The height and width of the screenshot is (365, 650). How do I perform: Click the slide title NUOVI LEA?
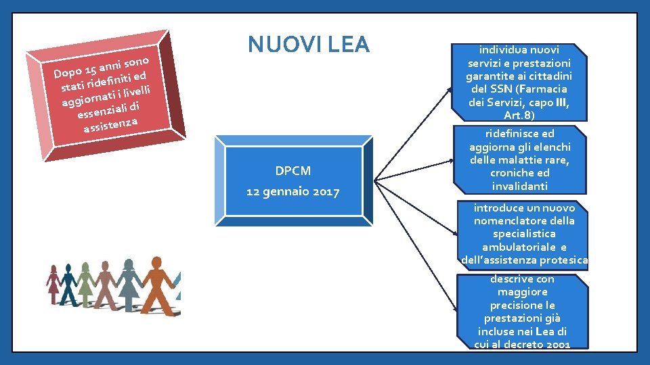click(309, 45)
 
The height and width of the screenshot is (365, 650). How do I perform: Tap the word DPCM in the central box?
click(292, 170)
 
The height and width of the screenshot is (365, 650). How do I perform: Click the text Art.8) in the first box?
click(520, 116)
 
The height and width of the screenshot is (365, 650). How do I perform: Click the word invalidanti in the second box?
click(520, 186)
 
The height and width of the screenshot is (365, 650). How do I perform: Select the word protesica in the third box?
click(565, 260)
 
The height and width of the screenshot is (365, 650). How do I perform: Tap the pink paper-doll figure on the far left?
click(52, 283)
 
